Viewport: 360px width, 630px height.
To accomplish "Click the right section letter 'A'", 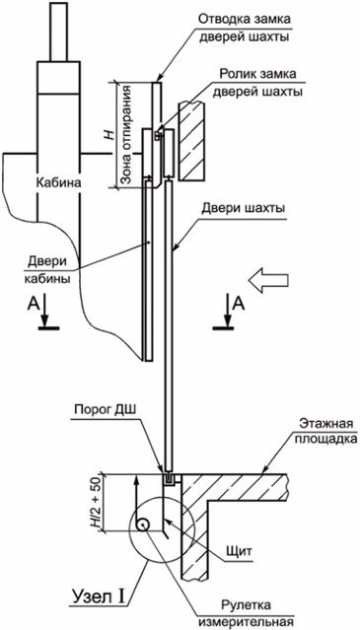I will tap(237, 304).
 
